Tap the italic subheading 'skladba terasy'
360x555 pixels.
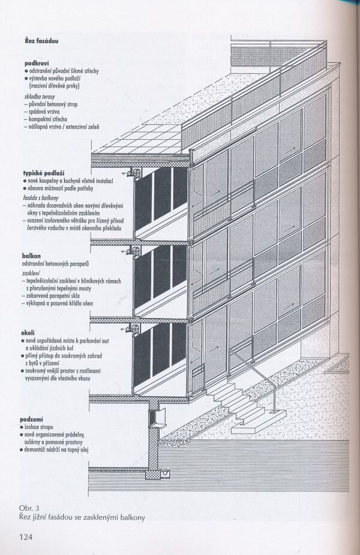(x=46, y=95)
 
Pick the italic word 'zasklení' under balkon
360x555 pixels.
(x=34, y=271)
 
